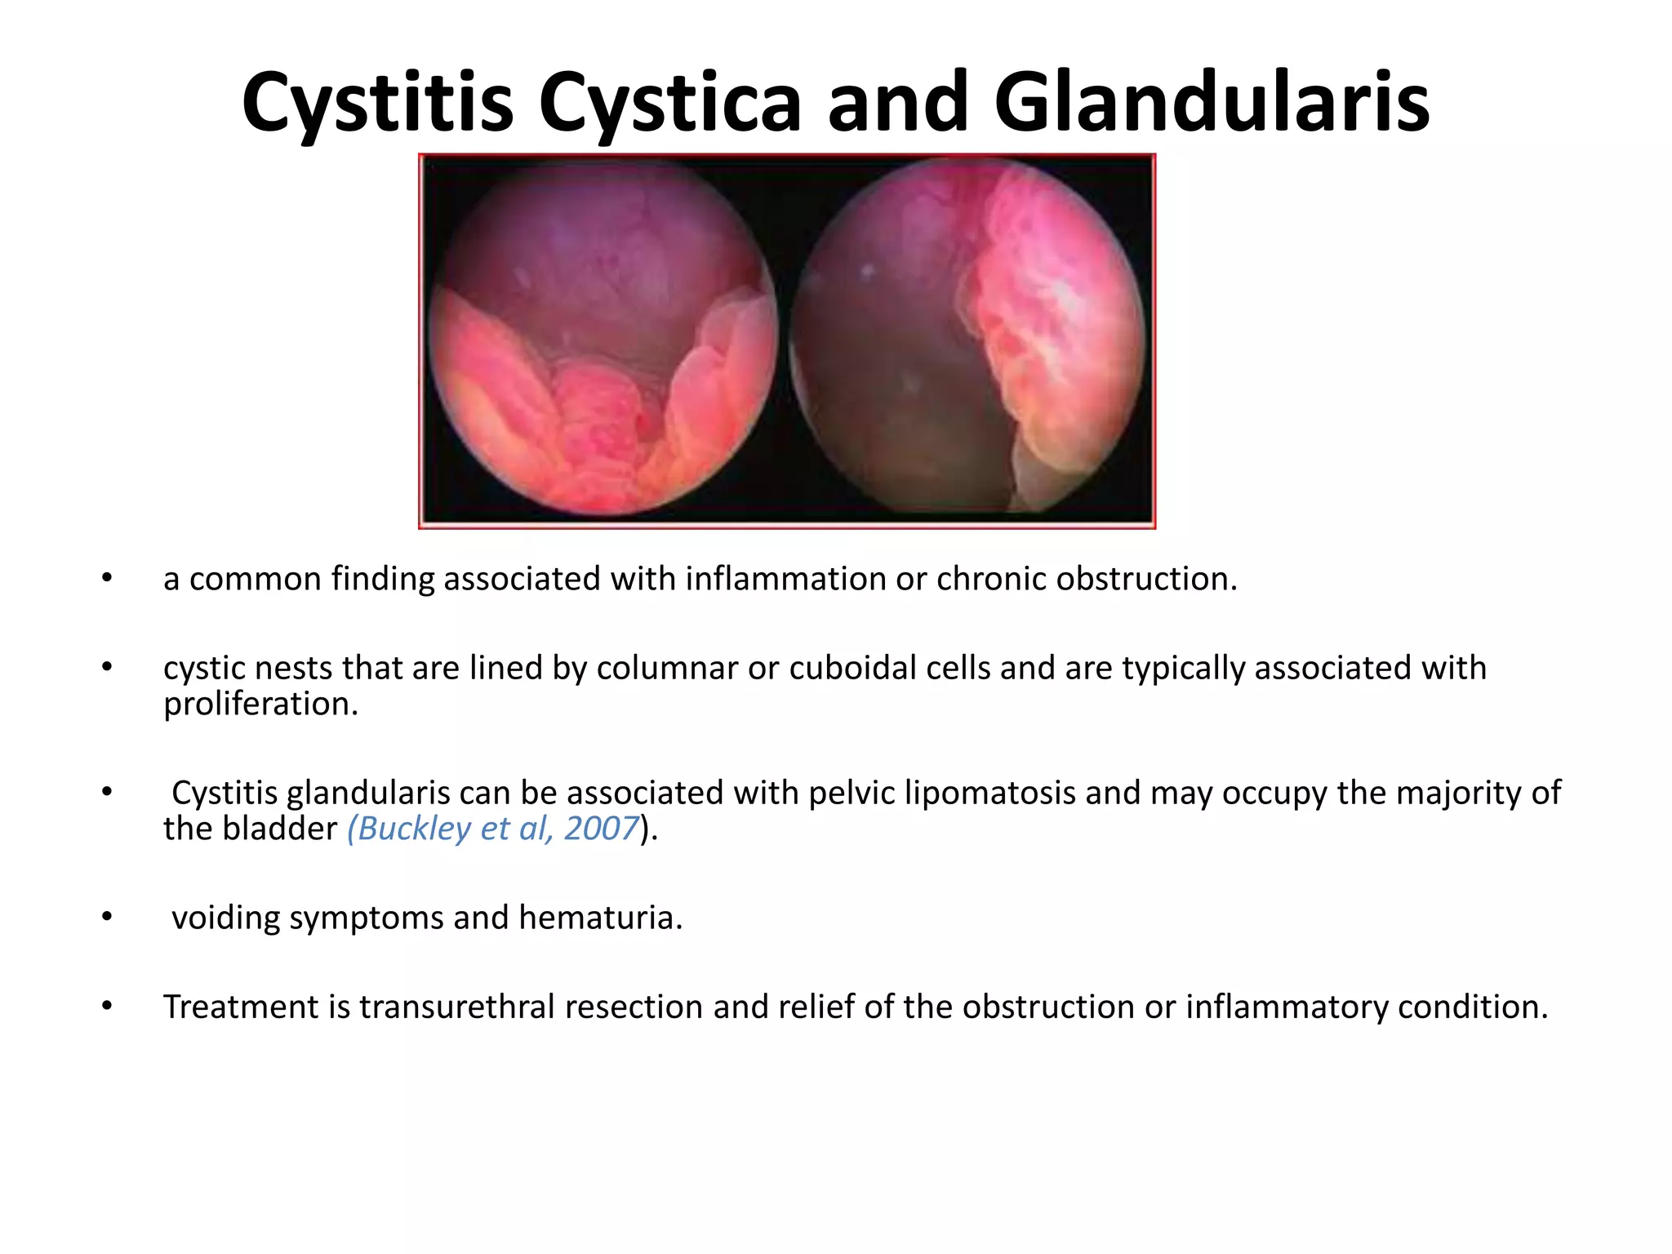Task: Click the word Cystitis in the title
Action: [377, 104]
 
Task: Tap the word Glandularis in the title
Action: [1212, 104]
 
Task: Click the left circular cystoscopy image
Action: [603, 339]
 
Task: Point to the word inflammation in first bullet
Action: [785, 579]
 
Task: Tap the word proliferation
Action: [260, 704]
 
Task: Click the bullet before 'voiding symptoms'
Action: [107, 917]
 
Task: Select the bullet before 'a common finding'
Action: [107, 578]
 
